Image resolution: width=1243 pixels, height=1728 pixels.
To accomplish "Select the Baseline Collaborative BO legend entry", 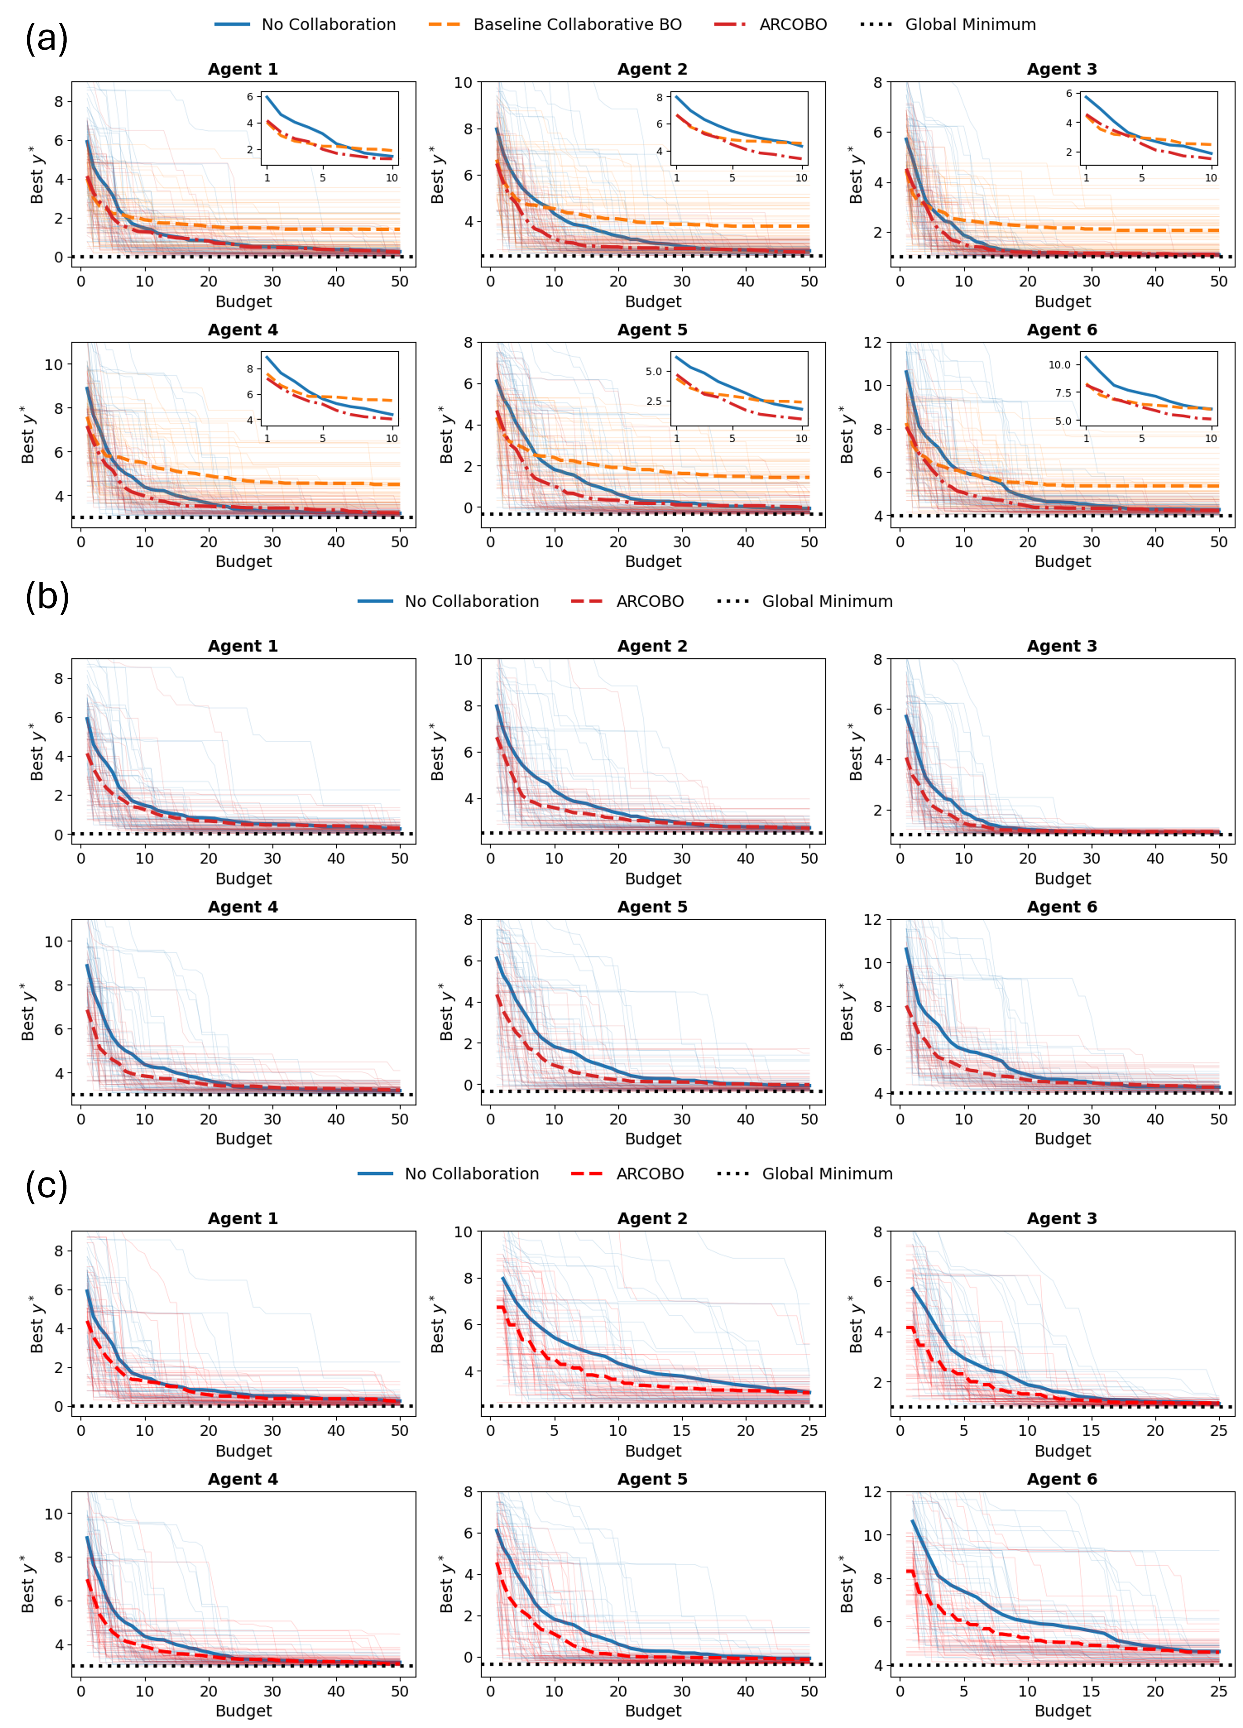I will (x=577, y=24).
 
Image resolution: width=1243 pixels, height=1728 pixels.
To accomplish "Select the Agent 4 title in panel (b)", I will (x=243, y=907).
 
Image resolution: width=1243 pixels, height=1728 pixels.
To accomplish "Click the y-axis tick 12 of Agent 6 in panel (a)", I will (x=873, y=343).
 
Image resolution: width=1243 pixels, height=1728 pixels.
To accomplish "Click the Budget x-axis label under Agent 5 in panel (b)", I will (x=653, y=1138).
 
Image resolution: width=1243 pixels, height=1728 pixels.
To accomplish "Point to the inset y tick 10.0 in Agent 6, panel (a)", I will (x=1059, y=365).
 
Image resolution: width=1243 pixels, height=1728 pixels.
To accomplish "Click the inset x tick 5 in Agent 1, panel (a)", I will (x=322, y=178).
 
